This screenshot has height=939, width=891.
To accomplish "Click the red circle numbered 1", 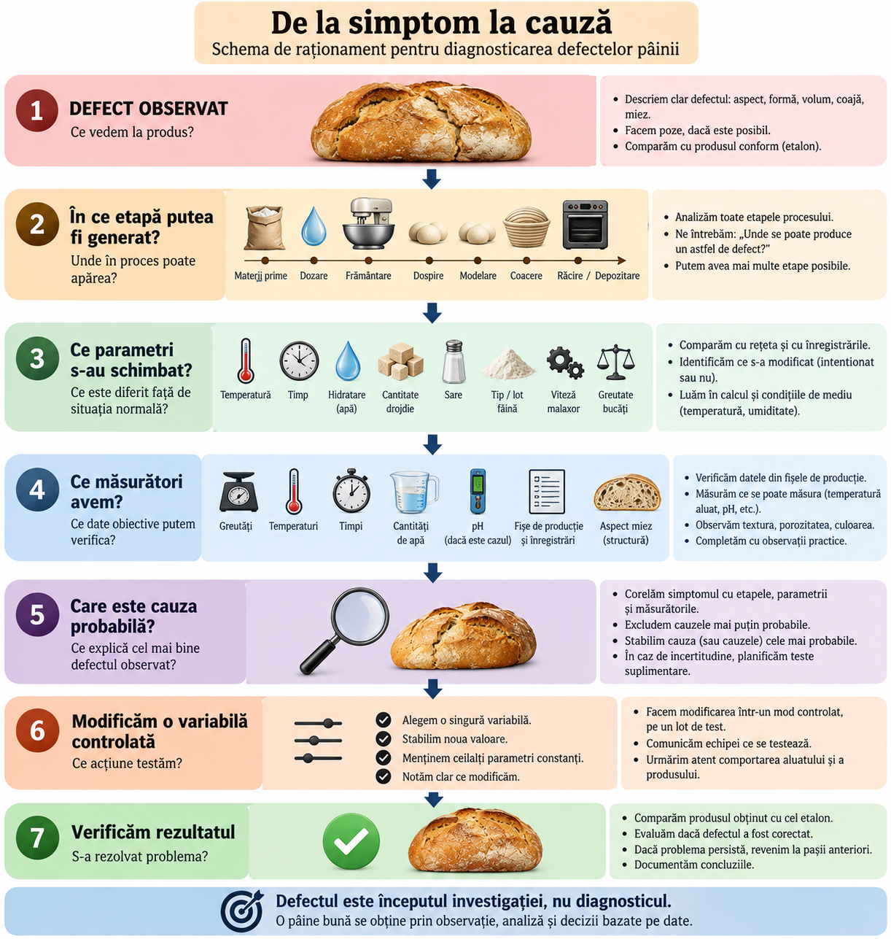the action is pos(36,110).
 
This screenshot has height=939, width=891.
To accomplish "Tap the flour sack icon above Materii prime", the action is pos(265,228).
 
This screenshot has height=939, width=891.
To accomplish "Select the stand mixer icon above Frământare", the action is pos(369,223).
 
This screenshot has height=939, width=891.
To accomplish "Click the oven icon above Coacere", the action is pos(585,225).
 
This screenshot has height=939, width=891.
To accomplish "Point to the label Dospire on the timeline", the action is pos(428,276).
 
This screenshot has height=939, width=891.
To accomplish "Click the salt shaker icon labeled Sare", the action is pos(453,362).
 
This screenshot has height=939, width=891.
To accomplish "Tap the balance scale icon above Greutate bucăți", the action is pos(615,362).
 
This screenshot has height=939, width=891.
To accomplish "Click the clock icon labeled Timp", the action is pos(299,361).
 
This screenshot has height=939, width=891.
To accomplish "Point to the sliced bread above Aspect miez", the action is pos(627,492).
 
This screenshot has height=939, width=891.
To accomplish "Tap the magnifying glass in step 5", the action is pos(345,630).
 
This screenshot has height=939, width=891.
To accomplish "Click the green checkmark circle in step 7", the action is pos(351,841).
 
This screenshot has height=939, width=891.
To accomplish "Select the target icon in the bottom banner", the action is pos(242,911).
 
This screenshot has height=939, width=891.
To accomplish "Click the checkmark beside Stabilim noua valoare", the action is pos(383,738).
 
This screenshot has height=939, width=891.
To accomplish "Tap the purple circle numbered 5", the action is pos(37,614).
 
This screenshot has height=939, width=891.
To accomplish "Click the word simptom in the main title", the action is pos(412,23).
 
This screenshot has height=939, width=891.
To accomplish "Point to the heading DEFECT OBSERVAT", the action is pos(149,109).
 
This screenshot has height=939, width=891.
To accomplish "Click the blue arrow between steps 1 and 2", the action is pos(432,179).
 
